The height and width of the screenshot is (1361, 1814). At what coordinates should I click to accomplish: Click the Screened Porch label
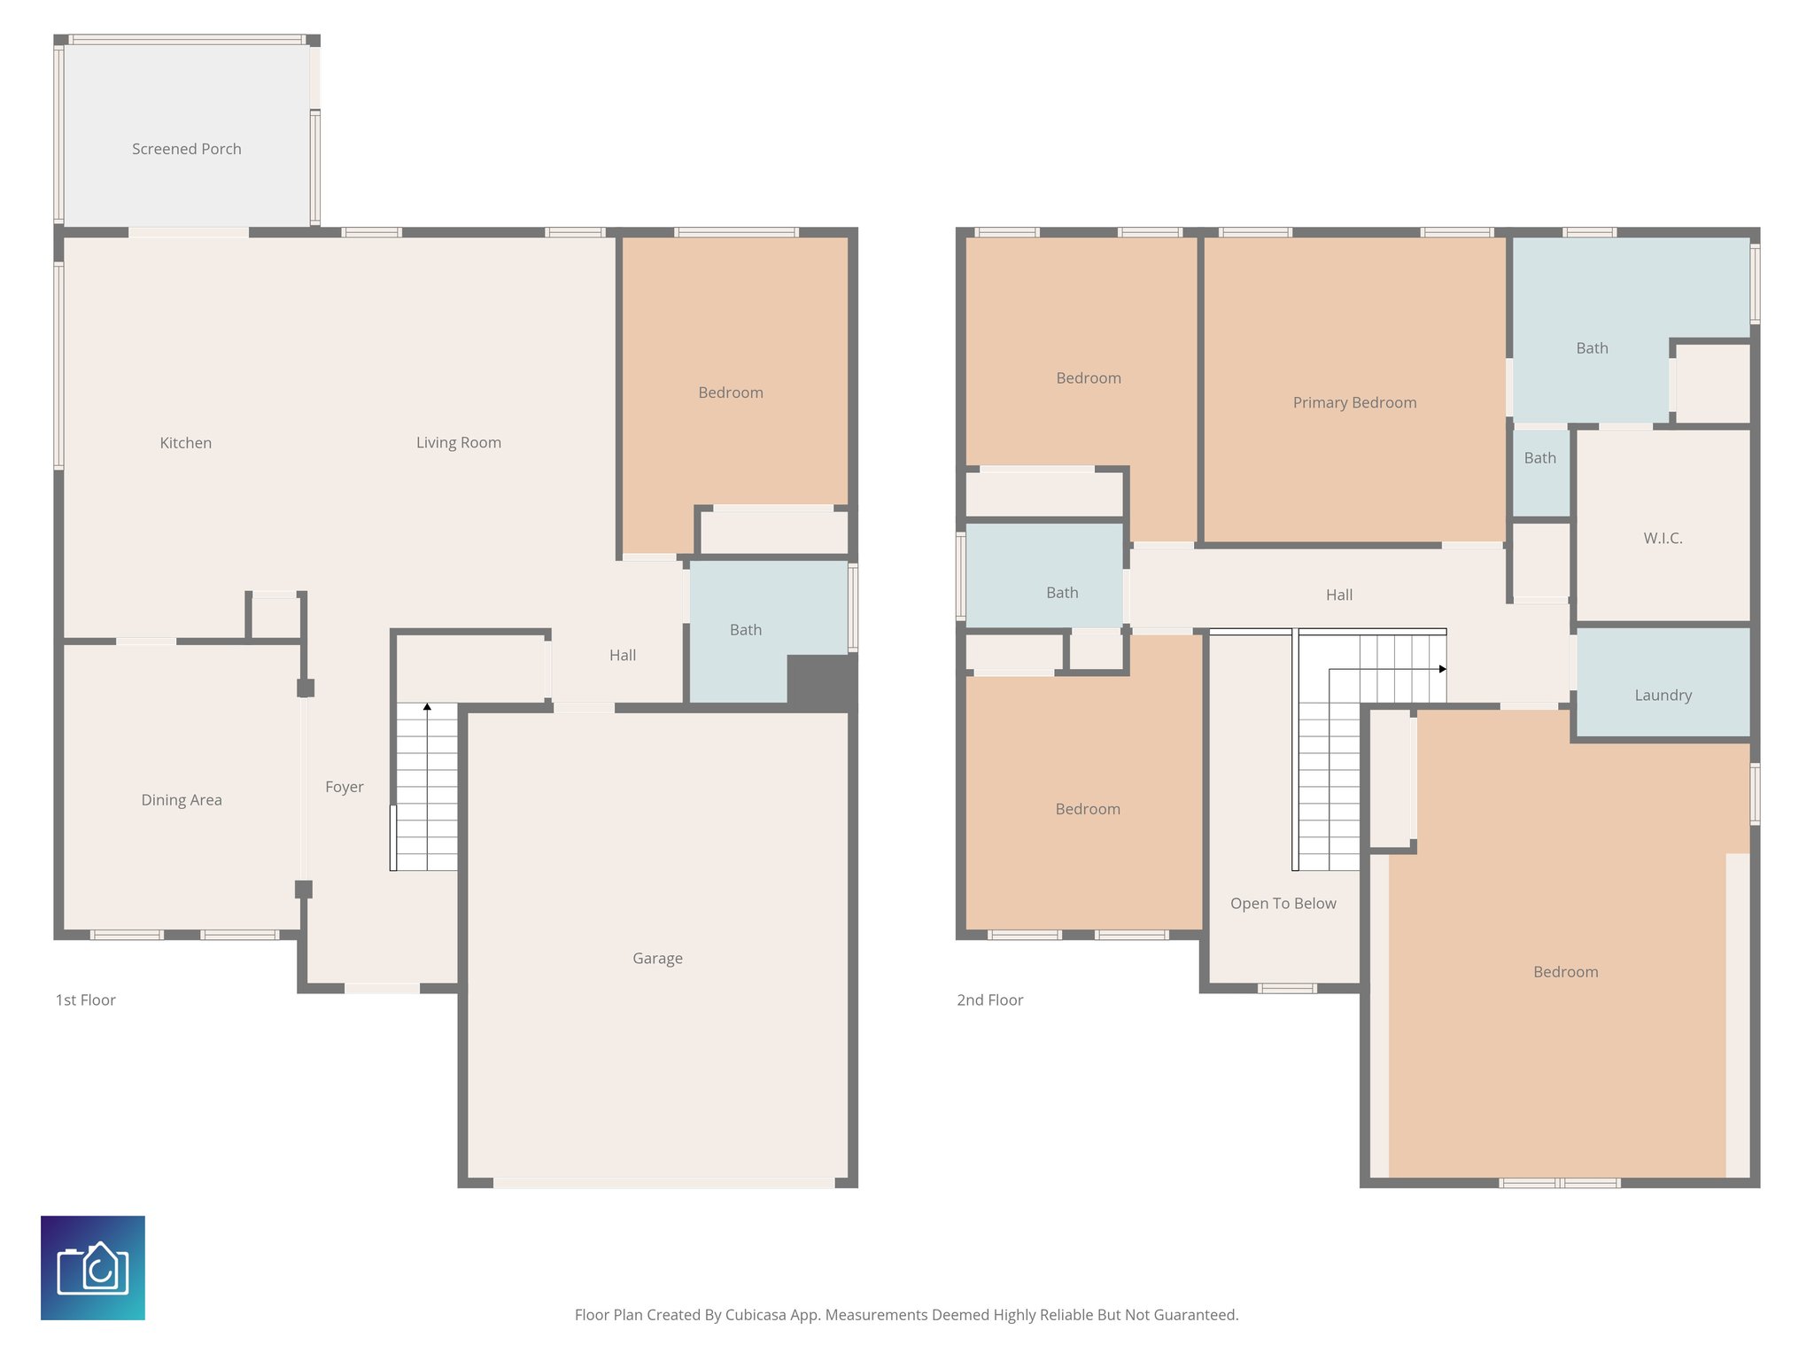point(186,149)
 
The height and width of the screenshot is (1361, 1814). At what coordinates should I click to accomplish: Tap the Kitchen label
point(185,443)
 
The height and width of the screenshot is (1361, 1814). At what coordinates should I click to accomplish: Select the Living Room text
point(458,442)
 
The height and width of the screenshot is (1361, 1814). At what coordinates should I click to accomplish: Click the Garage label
point(657,958)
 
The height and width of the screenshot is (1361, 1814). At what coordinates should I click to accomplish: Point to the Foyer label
point(344,787)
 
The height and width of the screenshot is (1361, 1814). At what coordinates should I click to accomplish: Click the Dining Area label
point(182,800)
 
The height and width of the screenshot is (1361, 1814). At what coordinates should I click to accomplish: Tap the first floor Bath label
point(745,630)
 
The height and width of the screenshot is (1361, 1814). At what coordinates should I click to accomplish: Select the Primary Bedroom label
point(1354,402)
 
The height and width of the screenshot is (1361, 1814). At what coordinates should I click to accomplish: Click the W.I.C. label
point(1663,538)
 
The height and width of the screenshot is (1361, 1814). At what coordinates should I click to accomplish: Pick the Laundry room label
point(1663,695)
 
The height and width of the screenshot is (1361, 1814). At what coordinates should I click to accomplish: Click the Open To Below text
point(1283,903)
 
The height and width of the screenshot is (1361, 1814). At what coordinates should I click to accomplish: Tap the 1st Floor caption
point(85,999)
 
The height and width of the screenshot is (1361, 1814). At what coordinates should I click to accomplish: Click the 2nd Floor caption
point(989,999)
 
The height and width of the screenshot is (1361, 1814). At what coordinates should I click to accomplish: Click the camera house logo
point(93,1267)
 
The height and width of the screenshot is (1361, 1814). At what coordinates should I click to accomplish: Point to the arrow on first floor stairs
point(427,707)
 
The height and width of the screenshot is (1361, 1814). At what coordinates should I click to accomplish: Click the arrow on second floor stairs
point(1442,669)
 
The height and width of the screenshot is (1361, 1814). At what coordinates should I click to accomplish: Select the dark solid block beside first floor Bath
point(821,680)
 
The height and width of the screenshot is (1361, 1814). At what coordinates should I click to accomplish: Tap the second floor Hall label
point(1338,595)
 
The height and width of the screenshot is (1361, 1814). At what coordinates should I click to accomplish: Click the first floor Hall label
point(622,655)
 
